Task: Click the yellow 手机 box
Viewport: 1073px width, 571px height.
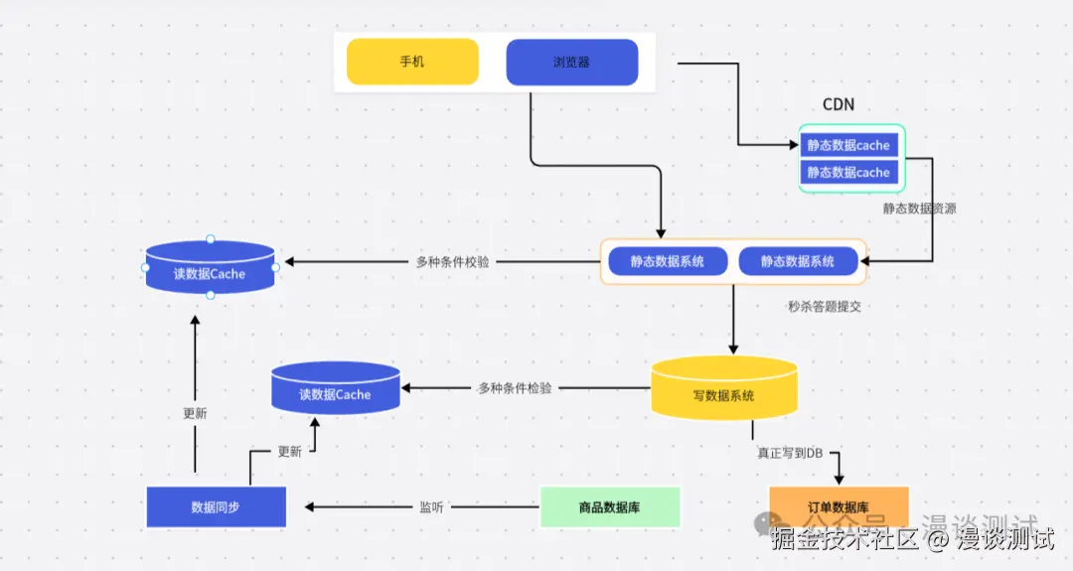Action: (x=412, y=62)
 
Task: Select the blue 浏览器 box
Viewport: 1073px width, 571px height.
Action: (x=571, y=62)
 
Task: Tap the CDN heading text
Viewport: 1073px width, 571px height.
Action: (x=838, y=104)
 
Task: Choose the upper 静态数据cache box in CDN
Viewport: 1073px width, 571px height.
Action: (x=848, y=145)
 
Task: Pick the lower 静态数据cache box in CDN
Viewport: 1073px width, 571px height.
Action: (x=848, y=173)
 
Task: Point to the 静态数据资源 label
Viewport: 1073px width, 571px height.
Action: (x=919, y=209)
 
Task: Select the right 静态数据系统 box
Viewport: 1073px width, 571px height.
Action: (x=797, y=261)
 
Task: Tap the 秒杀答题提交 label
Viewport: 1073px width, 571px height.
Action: (x=824, y=307)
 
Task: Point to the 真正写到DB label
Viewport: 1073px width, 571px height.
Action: (x=790, y=453)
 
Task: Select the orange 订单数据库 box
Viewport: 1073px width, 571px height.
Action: (x=839, y=506)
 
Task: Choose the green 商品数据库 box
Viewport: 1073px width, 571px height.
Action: (x=609, y=506)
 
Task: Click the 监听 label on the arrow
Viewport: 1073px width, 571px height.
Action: (x=431, y=506)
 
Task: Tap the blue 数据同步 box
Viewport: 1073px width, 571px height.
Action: (x=216, y=506)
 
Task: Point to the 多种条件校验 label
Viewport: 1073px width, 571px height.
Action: (x=452, y=262)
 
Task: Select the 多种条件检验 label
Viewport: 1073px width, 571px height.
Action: (x=514, y=388)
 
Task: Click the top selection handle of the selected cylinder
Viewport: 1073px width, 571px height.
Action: (x=210, y=239)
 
